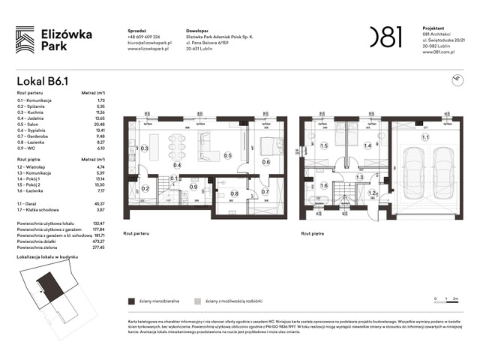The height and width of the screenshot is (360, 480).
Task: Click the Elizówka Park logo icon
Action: (25, 39)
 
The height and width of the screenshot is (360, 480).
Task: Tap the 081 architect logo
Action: (386, 36)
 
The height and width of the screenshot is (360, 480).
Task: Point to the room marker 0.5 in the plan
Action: (227, 155)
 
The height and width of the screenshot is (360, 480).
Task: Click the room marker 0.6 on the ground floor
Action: (266, 161)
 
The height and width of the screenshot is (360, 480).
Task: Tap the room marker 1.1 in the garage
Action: (425, 137)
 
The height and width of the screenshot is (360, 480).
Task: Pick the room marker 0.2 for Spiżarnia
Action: (145, 188)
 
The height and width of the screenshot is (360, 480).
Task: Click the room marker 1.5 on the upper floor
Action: (324, 146)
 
